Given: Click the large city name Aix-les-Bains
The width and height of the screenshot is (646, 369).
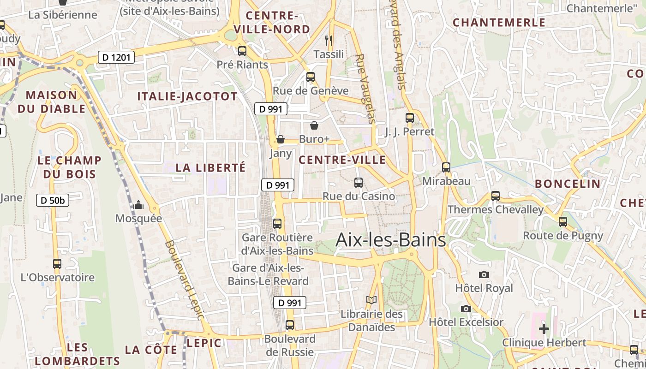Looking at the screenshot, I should pos(391,240).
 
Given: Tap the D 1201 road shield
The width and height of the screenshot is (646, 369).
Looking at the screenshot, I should pos(116,58).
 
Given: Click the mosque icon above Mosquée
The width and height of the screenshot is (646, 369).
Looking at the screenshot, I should pos(138,205).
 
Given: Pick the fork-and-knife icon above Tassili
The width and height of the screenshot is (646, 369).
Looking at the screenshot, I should pos(329,41).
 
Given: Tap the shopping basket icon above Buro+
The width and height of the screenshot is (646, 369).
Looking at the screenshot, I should pos(314,125).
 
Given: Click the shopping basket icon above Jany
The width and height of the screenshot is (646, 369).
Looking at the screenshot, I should pos(281,139).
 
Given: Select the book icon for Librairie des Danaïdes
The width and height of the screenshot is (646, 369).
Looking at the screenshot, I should pos(371,300).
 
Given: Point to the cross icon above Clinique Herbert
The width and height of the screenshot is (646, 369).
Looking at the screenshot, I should pos(544,329).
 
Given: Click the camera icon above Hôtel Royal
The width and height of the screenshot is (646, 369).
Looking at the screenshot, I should pos(484,275).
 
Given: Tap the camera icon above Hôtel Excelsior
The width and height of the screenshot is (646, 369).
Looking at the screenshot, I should pos(466,309).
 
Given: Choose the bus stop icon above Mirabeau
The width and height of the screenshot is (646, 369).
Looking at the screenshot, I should pos(446,167).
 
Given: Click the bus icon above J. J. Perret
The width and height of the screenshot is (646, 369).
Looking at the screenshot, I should pos(410,118).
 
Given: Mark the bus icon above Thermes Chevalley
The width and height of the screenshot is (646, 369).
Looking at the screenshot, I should pos(496,196).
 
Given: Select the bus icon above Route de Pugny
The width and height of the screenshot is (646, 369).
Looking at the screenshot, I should pos(563,222).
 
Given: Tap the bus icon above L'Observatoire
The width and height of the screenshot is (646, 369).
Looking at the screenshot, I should pos(57,264).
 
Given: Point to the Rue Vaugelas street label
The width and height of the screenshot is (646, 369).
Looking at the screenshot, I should pos(366,89).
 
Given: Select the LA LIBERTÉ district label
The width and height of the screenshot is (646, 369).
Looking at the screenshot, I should pos(210,168).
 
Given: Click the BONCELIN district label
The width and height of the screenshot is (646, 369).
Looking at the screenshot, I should pos(568,184).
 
